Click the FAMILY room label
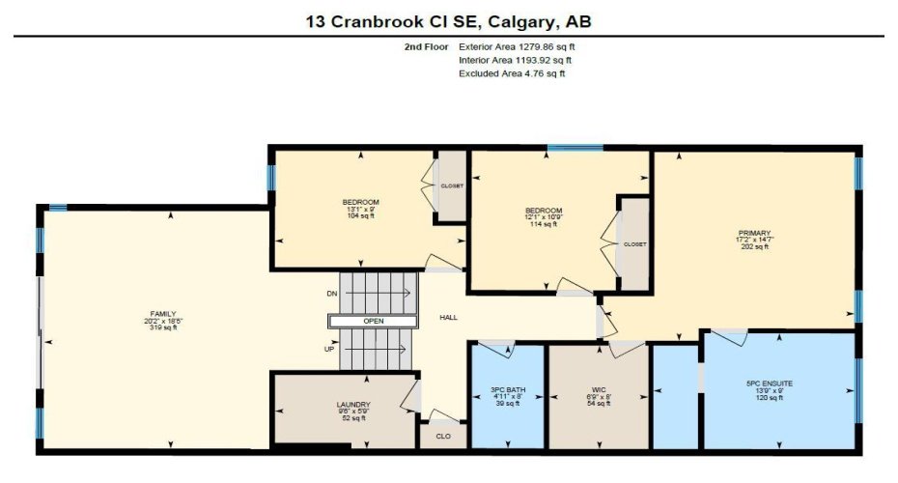(x=162, y=314)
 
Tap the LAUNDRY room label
(x=353, y=405)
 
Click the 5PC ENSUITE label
(x=769, y=384)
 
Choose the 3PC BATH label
(x=506, y=390)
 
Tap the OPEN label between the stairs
(x=375, y=321)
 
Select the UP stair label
(x=329, y=349)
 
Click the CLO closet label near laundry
(x=443, y=436)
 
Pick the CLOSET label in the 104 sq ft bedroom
(x=452, y=185)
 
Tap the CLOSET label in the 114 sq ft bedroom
(x=634, y=244)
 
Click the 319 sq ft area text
(x=162, y=328)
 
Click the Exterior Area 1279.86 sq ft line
(x=522, y=45)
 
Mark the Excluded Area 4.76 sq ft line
(x=511, y=72)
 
